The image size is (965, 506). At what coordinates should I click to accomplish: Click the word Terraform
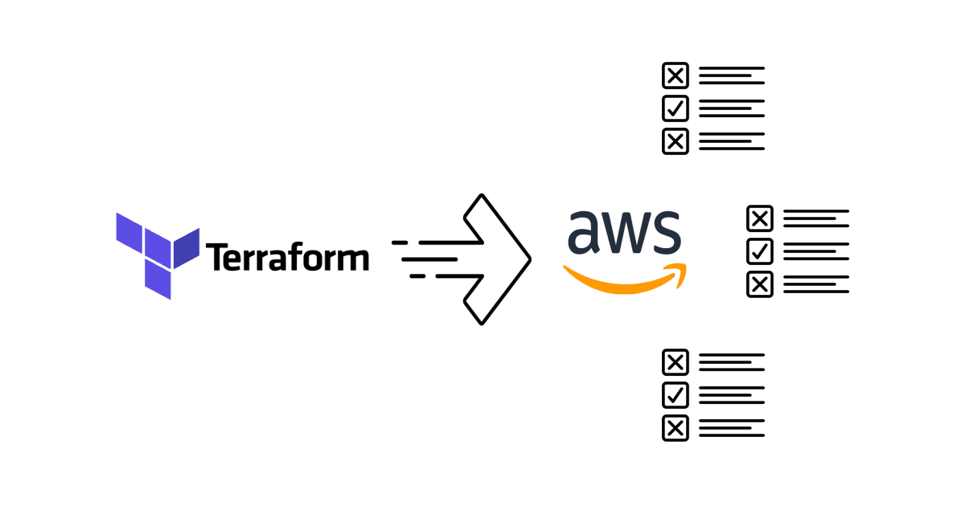pyautogui.click(x=288, y=257)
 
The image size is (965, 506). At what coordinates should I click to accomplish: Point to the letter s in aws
pyautogui.click(x=667, y=232)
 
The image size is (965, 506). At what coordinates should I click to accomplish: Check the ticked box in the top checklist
pyautogui.click(x=675, y=108)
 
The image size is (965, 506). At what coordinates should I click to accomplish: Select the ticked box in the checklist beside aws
pyautogui.click(x=760, y=251)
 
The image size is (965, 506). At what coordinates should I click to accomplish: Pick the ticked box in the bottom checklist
pyautogui.click(x=675, y=395)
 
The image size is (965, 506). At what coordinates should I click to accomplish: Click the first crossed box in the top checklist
pyautogui.click(x=675, y=76)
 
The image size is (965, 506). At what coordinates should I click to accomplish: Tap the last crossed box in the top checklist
pyautogui.click(x=675, y=141)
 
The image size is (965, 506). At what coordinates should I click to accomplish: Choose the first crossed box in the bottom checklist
pyautogui.click(x=675, y=363)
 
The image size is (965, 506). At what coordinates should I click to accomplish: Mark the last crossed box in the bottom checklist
pyautogui.click(x=675, y=427)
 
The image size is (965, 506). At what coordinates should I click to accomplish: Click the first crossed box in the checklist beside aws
pyautogui.click(x=760, y=218)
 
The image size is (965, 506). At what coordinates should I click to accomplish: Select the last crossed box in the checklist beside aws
pyautogui.click(x=760, y=284)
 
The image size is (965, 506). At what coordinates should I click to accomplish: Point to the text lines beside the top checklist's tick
pyautogui.click(x=731, y=108)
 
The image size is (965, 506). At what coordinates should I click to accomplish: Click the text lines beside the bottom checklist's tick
pyautogui.click(x=731, y=395)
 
